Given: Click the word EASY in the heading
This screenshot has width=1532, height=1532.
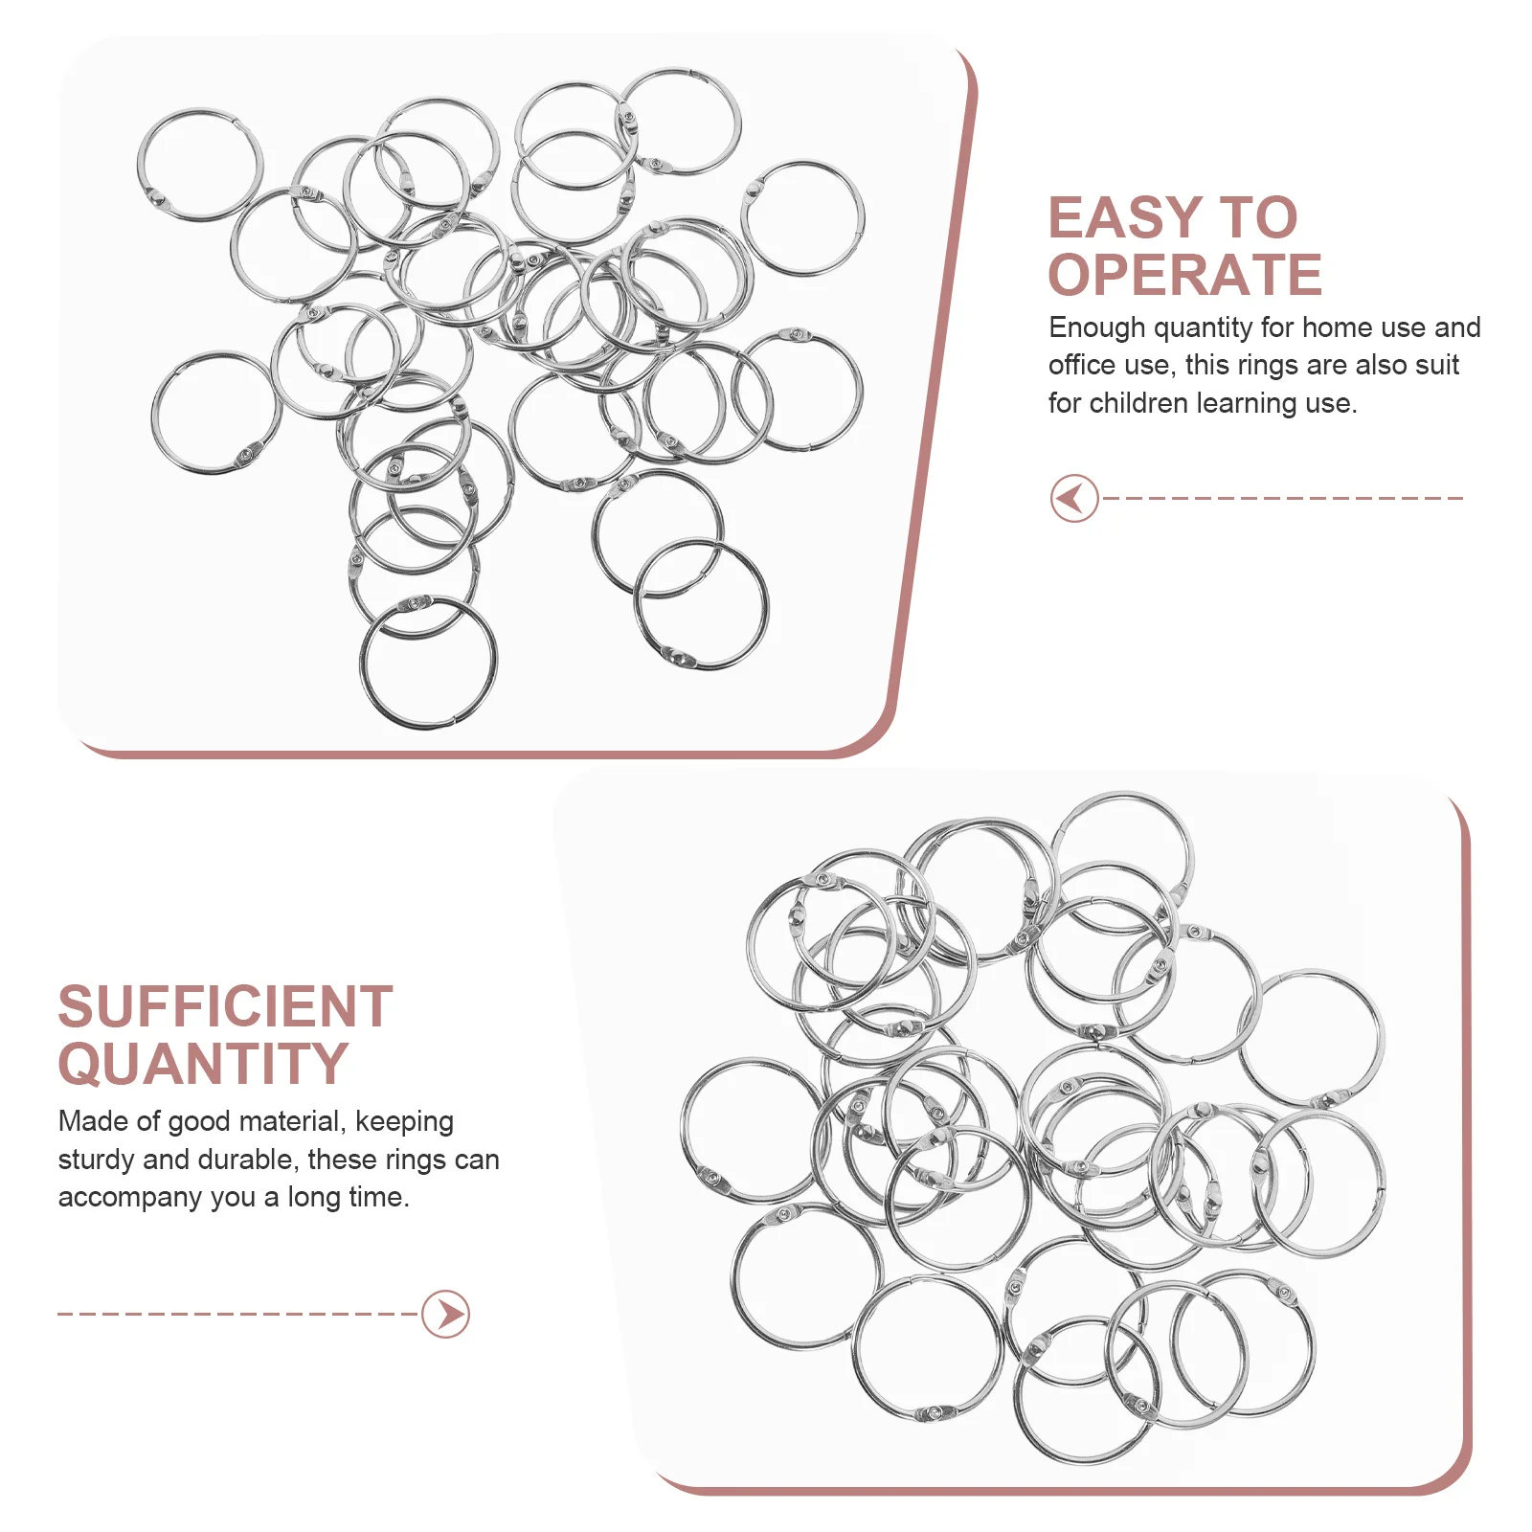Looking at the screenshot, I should click(1125, 218).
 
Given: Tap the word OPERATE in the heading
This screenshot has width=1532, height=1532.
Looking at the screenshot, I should click(1184, 276).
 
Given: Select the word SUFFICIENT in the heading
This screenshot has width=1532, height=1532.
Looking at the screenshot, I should click(225, 1007).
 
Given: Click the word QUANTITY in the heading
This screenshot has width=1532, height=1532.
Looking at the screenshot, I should click(203, 1065).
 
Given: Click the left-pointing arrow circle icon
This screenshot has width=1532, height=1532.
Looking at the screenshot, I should click(1073, 498).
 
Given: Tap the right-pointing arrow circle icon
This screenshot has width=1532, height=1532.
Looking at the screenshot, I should click(446, 1314).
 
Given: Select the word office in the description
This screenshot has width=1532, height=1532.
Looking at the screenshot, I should click(1080, 365).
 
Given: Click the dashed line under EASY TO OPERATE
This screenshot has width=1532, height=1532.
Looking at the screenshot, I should click(1283, 498).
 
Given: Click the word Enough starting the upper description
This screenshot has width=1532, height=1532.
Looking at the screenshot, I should click(1097, 328).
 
